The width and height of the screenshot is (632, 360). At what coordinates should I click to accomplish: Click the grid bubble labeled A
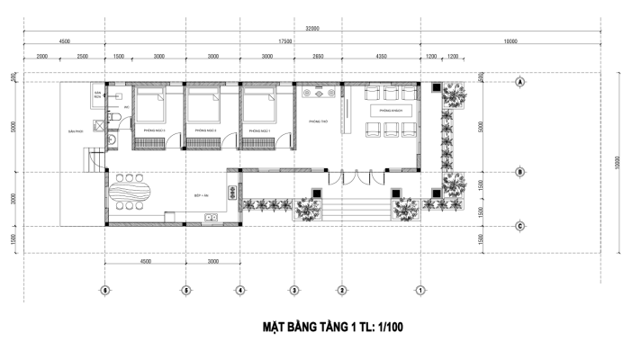(x=519, y=81)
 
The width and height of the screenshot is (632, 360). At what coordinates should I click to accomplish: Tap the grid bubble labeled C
(x=519, y=226)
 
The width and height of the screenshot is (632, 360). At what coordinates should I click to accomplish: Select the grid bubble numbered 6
(x=105, y=290)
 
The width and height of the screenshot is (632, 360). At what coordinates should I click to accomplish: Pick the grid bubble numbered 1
(x=420, y=290)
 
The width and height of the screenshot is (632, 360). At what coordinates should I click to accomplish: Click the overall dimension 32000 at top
(x=312, y=29)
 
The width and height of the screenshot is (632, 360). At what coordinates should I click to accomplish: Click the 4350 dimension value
(x=381, y=56)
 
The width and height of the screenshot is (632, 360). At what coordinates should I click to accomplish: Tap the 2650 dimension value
(x=318, y=56)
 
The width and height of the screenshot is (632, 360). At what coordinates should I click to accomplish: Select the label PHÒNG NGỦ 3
(x=149, y=130)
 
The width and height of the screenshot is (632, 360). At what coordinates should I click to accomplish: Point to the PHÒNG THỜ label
(x=316, y=119)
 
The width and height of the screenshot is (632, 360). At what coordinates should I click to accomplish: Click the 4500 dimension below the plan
(x=144, y=261)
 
